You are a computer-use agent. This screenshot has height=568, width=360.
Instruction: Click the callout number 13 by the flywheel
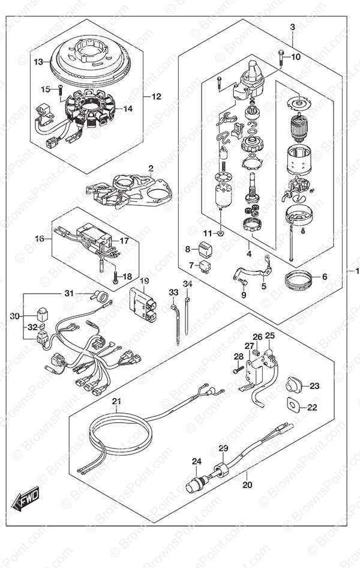click(38, 62)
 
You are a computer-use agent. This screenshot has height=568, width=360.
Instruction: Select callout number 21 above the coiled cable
click(116, 402)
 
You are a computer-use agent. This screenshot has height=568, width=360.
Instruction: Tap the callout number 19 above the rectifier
click(145, 281)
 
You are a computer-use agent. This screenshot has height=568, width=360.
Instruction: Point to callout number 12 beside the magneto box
click(156, 96)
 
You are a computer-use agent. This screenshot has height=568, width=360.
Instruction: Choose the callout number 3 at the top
click(292, 27)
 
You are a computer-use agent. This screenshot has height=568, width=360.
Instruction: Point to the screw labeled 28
click(238, 370)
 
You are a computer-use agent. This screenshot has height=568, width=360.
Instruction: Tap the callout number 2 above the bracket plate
click(151, 168)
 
